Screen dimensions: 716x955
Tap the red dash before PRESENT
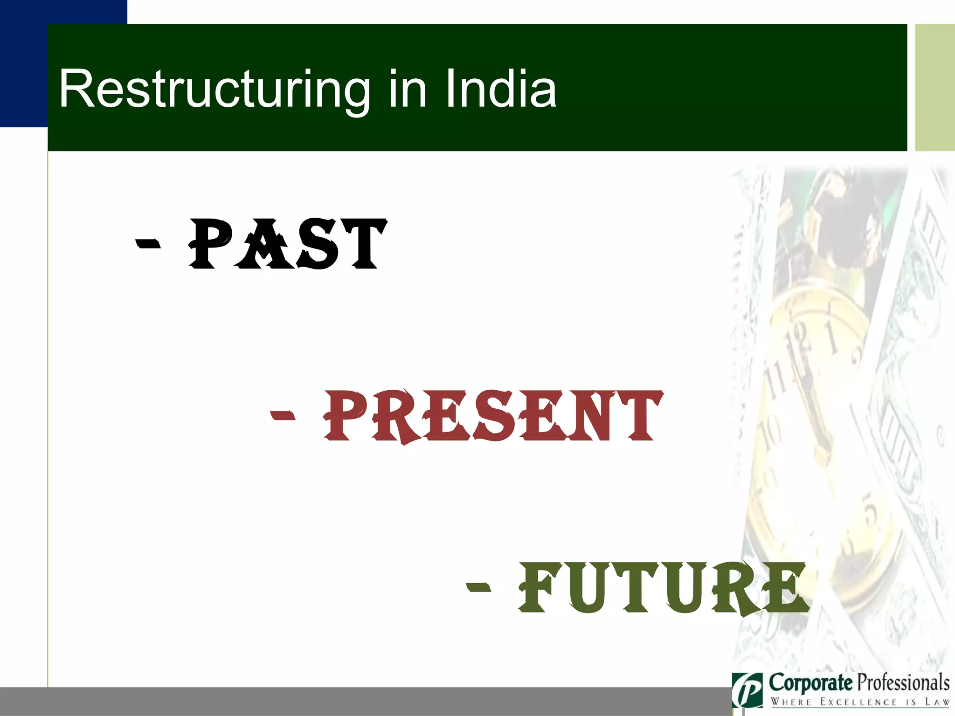pos(283,415)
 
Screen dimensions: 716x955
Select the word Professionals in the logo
pos(904,683)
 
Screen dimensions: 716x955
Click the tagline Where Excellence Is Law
pos(860,702)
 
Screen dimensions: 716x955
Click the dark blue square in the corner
pos(23,63)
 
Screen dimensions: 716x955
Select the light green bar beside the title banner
pos(934,87)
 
